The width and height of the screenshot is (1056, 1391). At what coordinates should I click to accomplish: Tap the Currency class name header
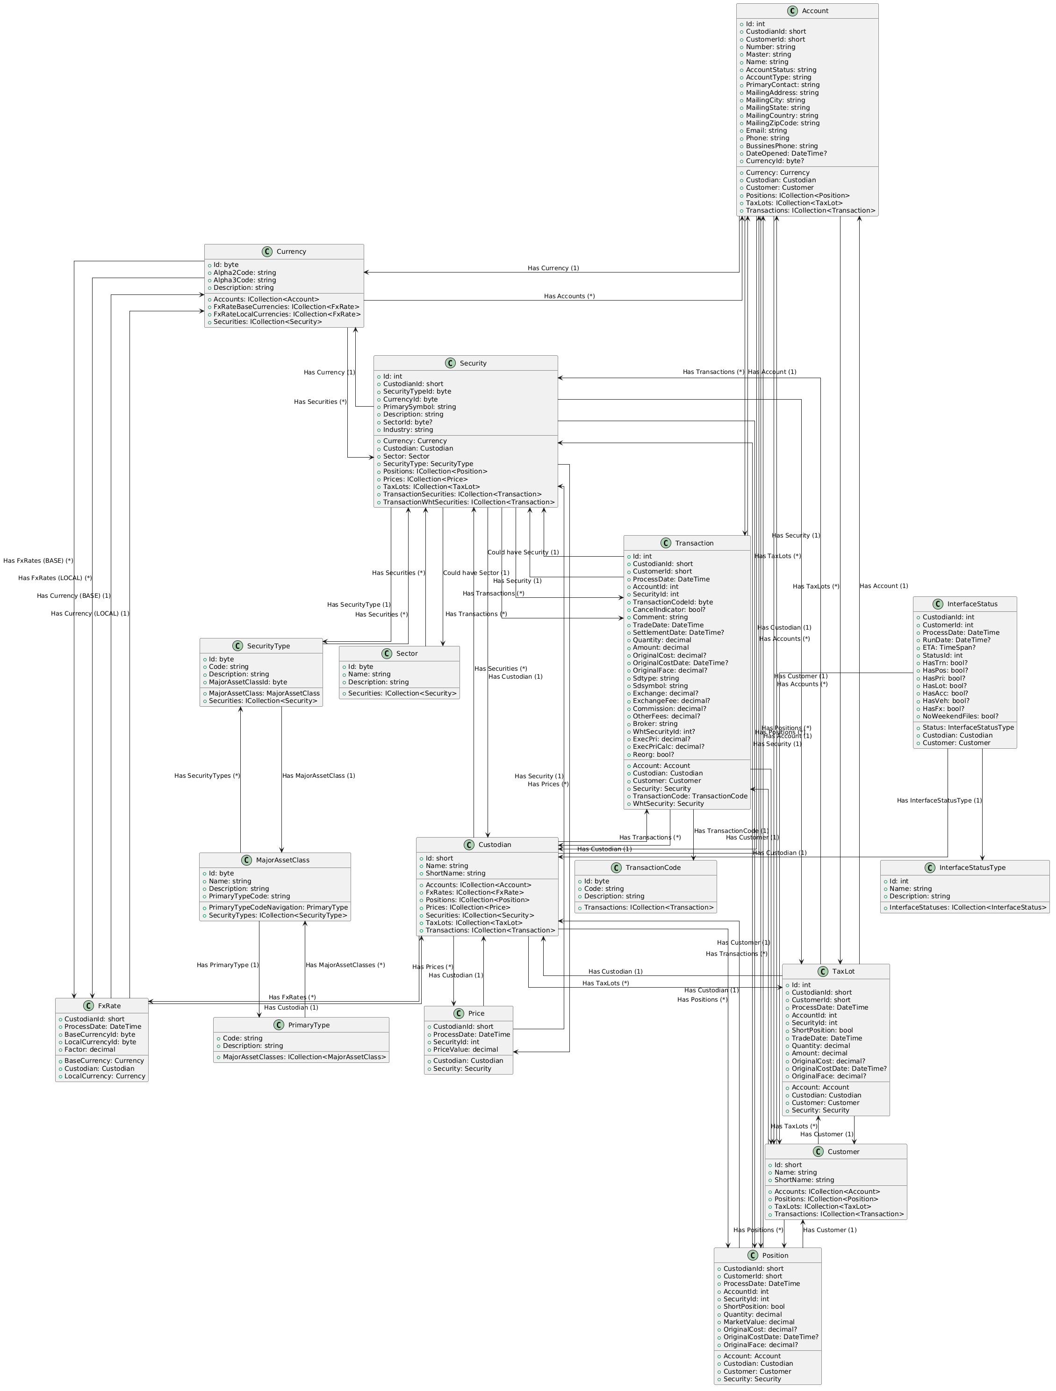291,251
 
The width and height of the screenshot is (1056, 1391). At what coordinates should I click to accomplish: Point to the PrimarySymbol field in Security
419,407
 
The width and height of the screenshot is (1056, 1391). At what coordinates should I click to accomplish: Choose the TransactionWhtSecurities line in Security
468,502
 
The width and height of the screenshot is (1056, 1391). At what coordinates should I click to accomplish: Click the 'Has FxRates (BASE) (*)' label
38,560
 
